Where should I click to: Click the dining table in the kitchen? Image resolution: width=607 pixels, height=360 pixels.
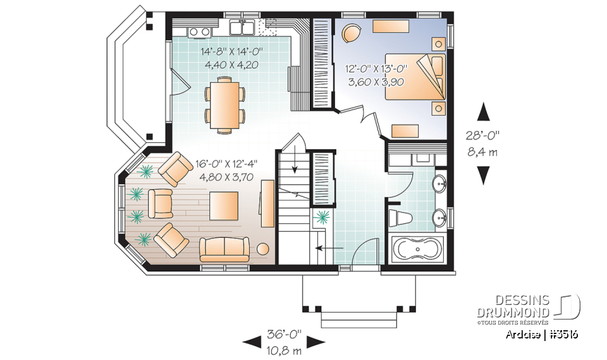[x=224, y=104]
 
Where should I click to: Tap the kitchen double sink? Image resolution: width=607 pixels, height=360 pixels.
[x=242, y=28]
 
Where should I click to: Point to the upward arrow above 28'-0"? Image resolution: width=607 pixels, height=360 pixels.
[x=484, y=113]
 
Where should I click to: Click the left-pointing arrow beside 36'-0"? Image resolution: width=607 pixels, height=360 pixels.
[x=251, y=342]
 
